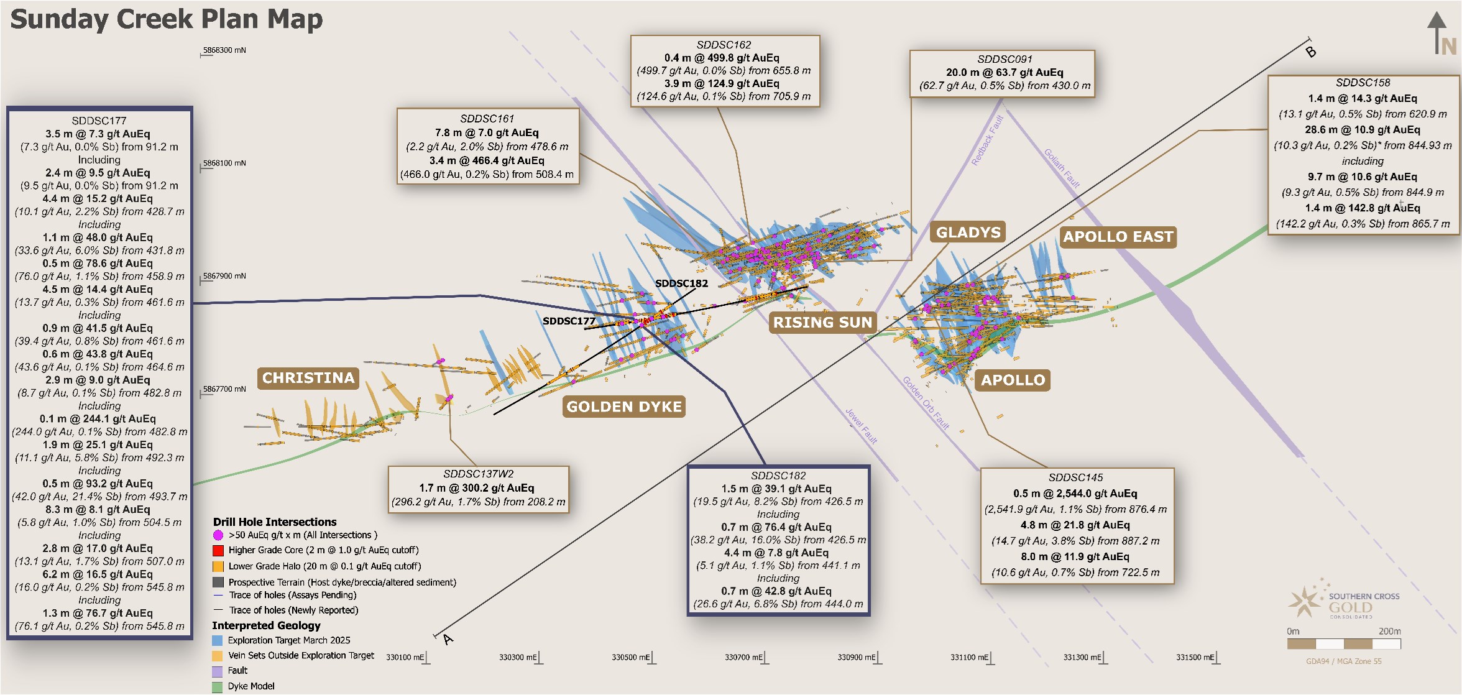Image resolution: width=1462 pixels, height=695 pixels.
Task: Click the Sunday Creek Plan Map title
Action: pos(167,19)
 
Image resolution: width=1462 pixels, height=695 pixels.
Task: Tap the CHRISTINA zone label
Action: pos(308,378)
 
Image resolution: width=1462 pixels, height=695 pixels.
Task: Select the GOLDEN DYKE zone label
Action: pos(624,407)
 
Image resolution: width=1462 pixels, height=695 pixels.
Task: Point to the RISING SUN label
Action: pos(822,322)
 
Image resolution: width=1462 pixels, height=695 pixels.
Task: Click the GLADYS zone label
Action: pos(968,232)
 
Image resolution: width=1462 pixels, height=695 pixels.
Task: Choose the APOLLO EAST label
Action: pos(1118,237)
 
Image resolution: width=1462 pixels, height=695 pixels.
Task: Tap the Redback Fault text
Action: pos(988,140)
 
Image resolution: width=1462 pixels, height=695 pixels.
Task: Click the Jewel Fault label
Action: pos(862,426)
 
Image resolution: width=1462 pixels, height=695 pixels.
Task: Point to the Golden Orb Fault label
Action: pos(926,403)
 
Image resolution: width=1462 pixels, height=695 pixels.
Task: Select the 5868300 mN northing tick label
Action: pos(224,50)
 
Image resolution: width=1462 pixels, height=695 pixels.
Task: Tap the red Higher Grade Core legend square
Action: pos(218,550)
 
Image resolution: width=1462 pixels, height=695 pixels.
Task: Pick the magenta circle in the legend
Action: pos(218,535)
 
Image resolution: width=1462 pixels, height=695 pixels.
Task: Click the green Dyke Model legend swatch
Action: pos(218,686)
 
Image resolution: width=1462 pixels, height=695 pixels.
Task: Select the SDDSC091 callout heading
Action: pos(1005,59)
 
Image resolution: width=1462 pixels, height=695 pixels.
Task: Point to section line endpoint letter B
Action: pos(1311,52)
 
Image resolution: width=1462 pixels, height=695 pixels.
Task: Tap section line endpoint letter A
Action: pos(448,639)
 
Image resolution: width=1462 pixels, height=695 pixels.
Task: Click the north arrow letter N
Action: pos(1448,47)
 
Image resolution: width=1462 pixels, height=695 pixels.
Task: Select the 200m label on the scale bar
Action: pos(1389,631)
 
